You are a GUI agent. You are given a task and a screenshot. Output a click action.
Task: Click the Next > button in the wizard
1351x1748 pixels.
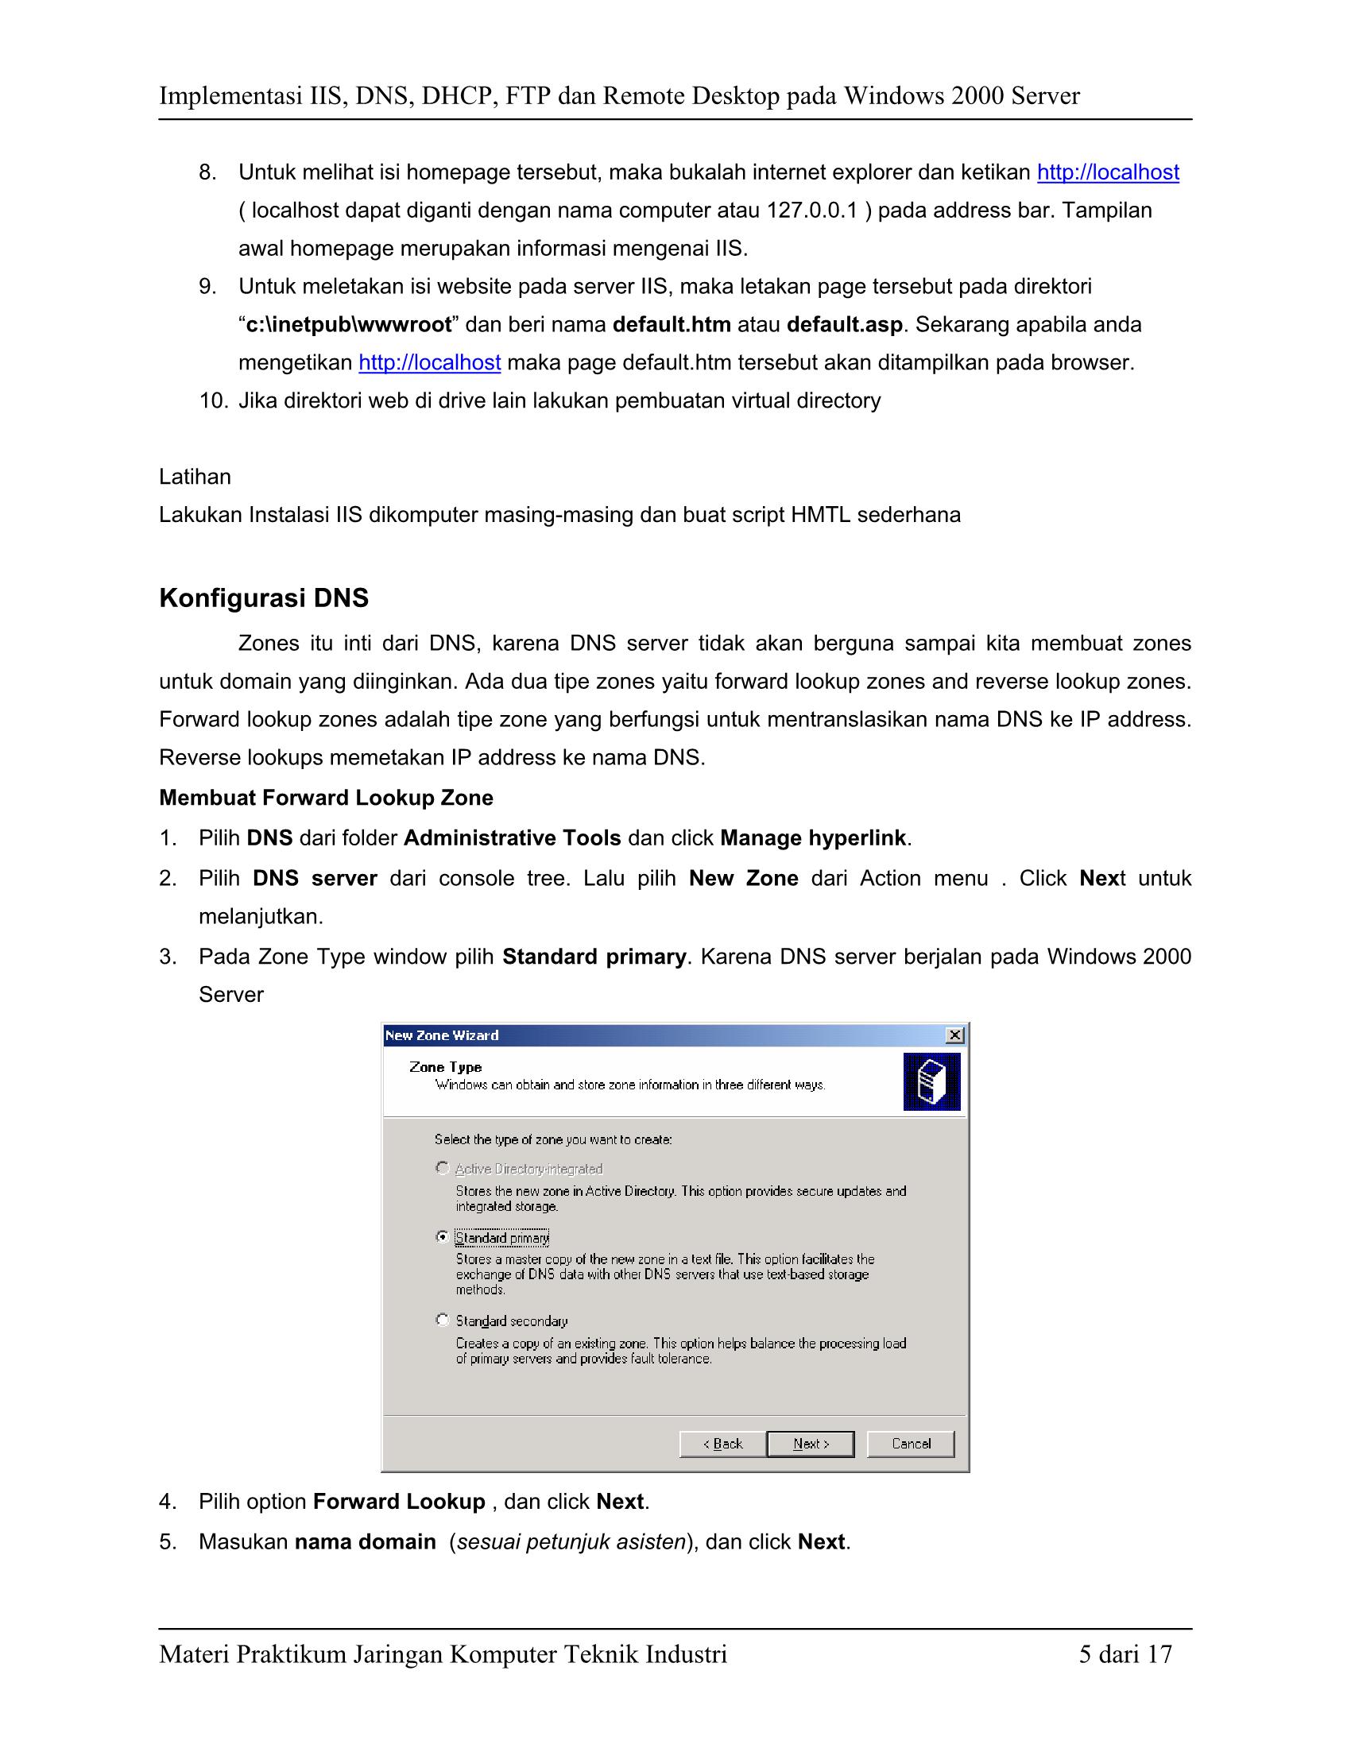[810, 1444]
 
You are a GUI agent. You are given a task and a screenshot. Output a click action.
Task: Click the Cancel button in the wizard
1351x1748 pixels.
[910, 1444]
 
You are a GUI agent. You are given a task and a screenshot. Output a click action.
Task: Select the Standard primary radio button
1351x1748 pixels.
[442, 1237]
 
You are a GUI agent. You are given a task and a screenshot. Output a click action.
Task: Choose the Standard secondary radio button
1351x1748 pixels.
[442, 1320]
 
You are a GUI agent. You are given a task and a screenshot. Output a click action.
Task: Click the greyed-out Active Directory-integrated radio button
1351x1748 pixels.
[442, 1169]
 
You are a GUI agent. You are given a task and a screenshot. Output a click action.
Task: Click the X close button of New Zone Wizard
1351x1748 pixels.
[954, 1035]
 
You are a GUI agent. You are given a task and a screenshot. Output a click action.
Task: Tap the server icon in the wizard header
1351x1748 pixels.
[931, 1081]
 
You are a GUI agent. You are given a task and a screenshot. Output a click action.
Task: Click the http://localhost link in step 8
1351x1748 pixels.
[1108, 173]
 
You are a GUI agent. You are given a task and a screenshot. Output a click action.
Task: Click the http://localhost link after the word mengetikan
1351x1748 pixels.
[430, 363]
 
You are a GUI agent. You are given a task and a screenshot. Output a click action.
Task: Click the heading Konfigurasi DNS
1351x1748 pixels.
[264, 597]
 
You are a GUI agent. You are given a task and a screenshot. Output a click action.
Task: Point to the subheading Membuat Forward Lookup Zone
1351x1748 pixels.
[326, 798]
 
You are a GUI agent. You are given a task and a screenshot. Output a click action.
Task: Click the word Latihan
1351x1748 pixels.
[195, 477]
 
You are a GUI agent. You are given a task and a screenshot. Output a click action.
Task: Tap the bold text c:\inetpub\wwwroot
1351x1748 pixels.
[349, 325]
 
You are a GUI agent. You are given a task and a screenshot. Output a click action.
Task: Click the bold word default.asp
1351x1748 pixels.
[844, 325]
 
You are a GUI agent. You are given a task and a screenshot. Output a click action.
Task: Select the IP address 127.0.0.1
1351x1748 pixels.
[811, 211]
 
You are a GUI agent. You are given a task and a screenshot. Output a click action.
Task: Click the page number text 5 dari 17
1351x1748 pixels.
[1125, 1654]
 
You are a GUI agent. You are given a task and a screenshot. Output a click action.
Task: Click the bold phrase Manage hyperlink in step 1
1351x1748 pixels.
[813, 839]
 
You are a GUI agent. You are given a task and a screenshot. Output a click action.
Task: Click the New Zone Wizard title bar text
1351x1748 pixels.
[442, 1035]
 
